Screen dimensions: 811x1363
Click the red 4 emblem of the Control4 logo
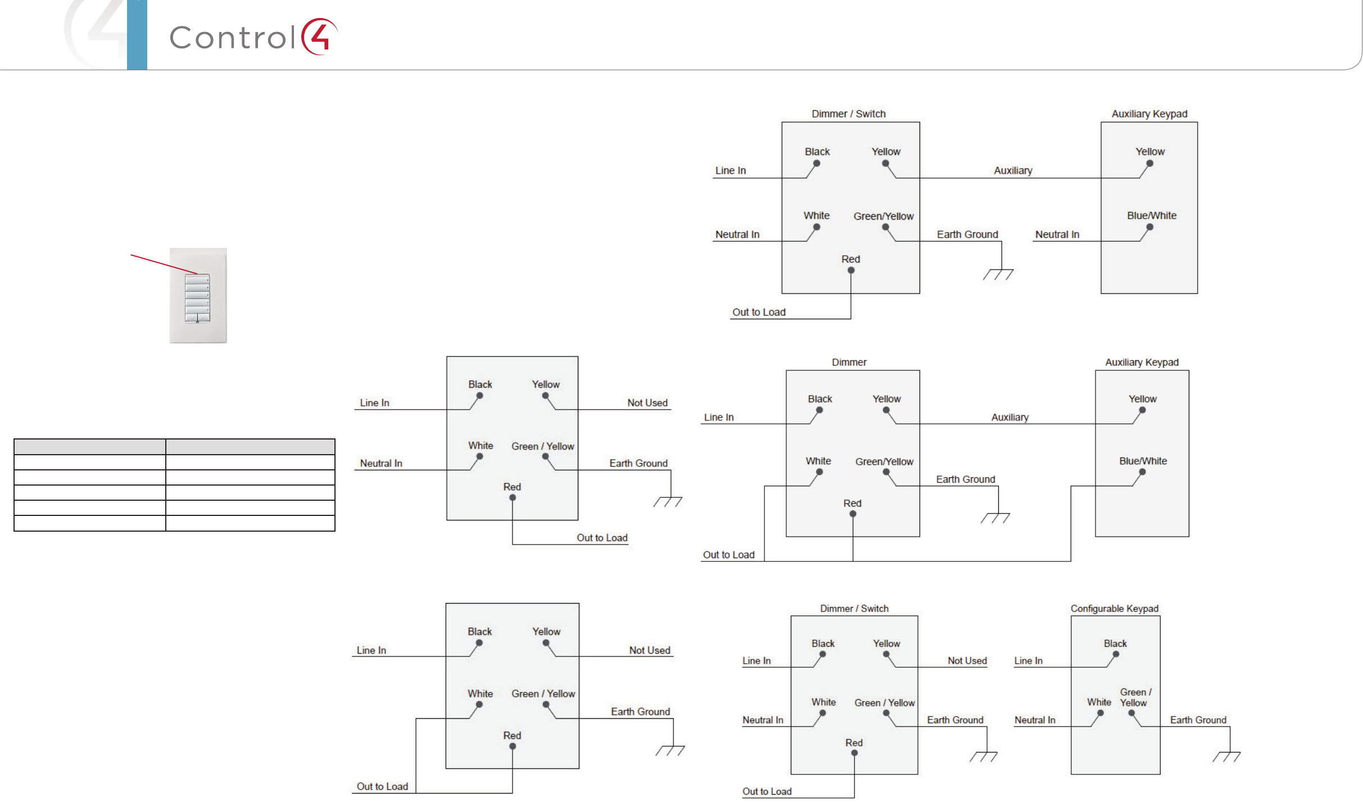point(319,37)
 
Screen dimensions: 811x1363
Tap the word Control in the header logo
point(233,38)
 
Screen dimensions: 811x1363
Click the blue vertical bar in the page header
point(137,35)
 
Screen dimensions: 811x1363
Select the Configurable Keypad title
point(1114,609)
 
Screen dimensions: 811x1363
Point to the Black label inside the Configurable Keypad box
point(1115,644)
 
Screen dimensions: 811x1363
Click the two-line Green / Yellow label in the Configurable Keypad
point(1135,697)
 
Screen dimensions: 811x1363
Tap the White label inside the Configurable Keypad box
point(1099,703)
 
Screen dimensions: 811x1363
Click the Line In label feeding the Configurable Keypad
point(1028,661)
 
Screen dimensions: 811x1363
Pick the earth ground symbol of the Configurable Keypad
point(1226,756)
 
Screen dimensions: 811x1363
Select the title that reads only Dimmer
point(849,363)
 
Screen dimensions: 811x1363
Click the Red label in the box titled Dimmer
point(852,504)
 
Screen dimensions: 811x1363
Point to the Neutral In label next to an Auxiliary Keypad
point(1057,234)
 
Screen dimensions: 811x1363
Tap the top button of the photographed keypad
point(197,279)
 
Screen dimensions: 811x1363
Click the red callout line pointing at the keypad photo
point(163,264)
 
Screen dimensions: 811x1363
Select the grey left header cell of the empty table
point(90,447)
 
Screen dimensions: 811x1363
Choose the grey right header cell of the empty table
point(250,447)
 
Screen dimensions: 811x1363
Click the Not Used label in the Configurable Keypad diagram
point(967,661)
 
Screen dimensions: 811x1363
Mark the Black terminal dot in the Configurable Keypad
point(1116,654)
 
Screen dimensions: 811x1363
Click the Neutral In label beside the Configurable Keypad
point(1035,720)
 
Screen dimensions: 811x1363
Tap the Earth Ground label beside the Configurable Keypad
point(1198,720)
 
